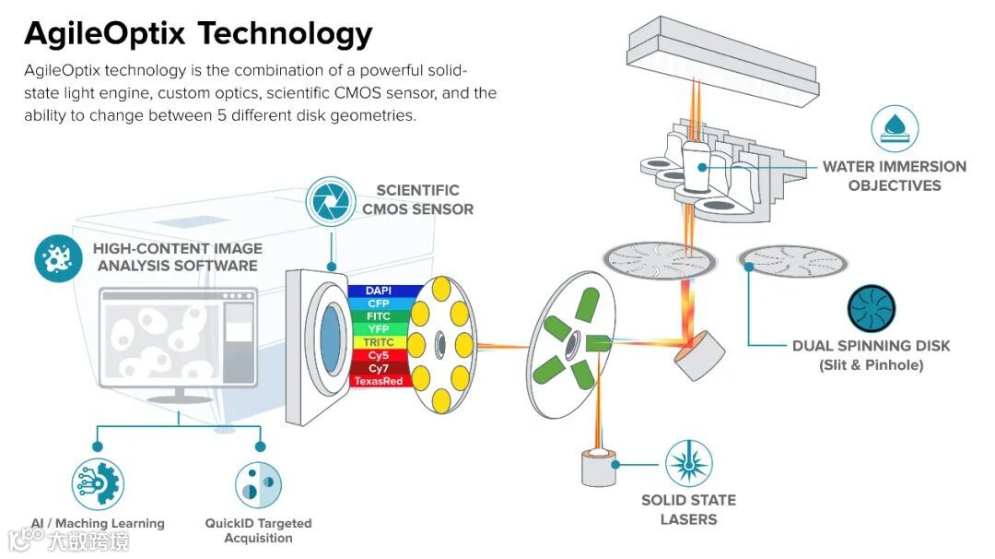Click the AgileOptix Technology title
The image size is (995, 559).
[x=198, y=33]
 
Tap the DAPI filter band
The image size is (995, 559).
[x=379, y=291]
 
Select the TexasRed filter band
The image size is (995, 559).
[x=379, y=381]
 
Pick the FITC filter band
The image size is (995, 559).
[x=379, y=316]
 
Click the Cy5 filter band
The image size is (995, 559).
[x=379, y=355]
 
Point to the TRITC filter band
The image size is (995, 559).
[x=379, y=342]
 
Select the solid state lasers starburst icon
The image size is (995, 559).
[x=688, y=463]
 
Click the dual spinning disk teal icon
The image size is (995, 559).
[x=871, y=307]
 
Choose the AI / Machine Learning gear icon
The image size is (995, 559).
[x=98, y=484]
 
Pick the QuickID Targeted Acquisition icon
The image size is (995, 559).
[x=259, y=484]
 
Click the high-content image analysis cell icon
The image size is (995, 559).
[x=58, y=257]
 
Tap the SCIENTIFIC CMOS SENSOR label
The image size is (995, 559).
[x=417, y=200]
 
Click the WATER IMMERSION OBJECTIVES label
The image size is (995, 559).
[x=894, y=176]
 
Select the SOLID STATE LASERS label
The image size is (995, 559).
[x=688, y=509]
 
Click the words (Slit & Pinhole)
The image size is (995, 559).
[x=871, y=365]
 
